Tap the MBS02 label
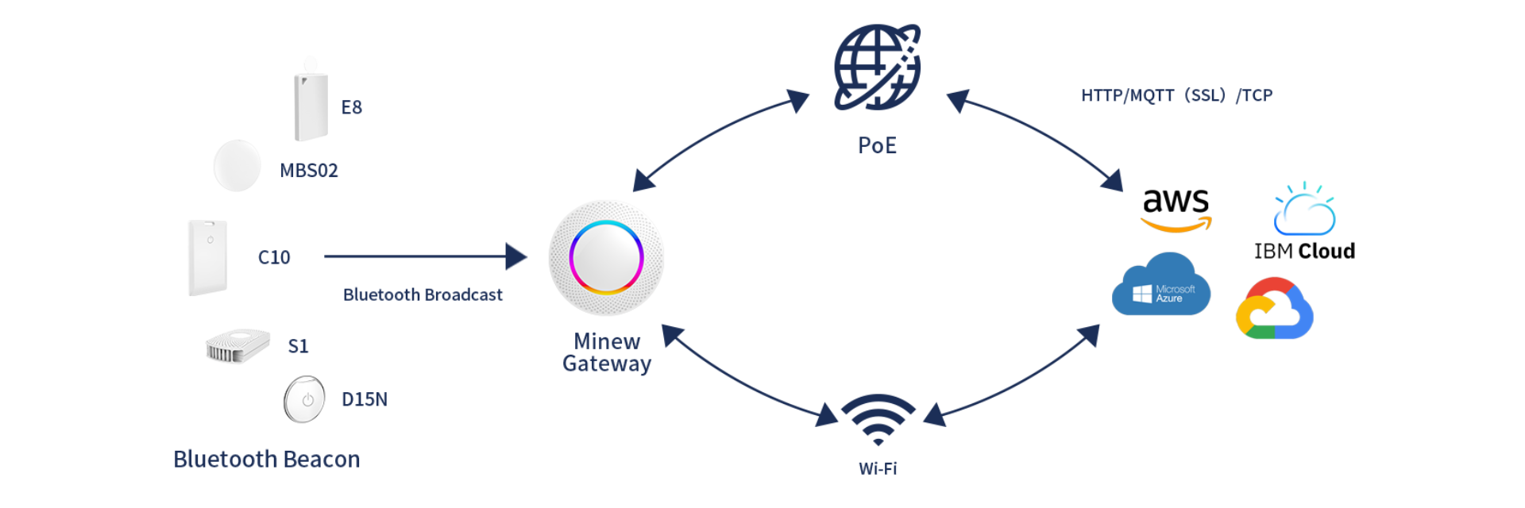(x=309, y=171)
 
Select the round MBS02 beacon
(x=237, y=165)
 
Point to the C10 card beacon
(x=208, y=257)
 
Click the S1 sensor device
(x=237, y=346)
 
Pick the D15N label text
(x=365, y=399)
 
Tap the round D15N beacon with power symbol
(x=304, y=399)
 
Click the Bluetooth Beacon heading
(x=267, y=459)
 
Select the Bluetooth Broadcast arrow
(x=426, y=256)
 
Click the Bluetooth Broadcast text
(x=423, y=294)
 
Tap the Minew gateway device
(x=606, y=258)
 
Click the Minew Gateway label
(x=607, y=352)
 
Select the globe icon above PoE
(x=877, y=67)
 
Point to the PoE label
(x=877, y=145)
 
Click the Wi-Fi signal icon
(x=878, y=419)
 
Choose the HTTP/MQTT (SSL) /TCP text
(x=1176, y=95)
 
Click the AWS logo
(x=1176, y=210)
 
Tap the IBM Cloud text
(x=1304, y=251)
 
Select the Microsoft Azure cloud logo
(x=1161, y=284)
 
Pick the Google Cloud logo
(x=1275, y=308)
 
